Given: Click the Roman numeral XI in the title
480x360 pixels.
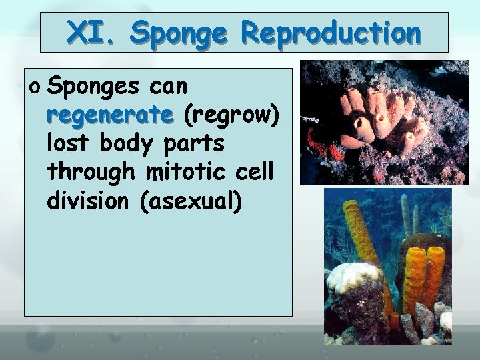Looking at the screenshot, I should [91, 32].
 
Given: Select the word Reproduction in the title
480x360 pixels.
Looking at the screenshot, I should [331, 32].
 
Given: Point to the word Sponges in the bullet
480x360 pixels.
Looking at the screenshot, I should [93, 87].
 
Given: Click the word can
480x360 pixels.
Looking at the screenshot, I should [169, 86].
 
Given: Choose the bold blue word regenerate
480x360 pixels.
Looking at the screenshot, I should [110, 115].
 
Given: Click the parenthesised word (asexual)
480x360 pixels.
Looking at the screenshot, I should [191, 200].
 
